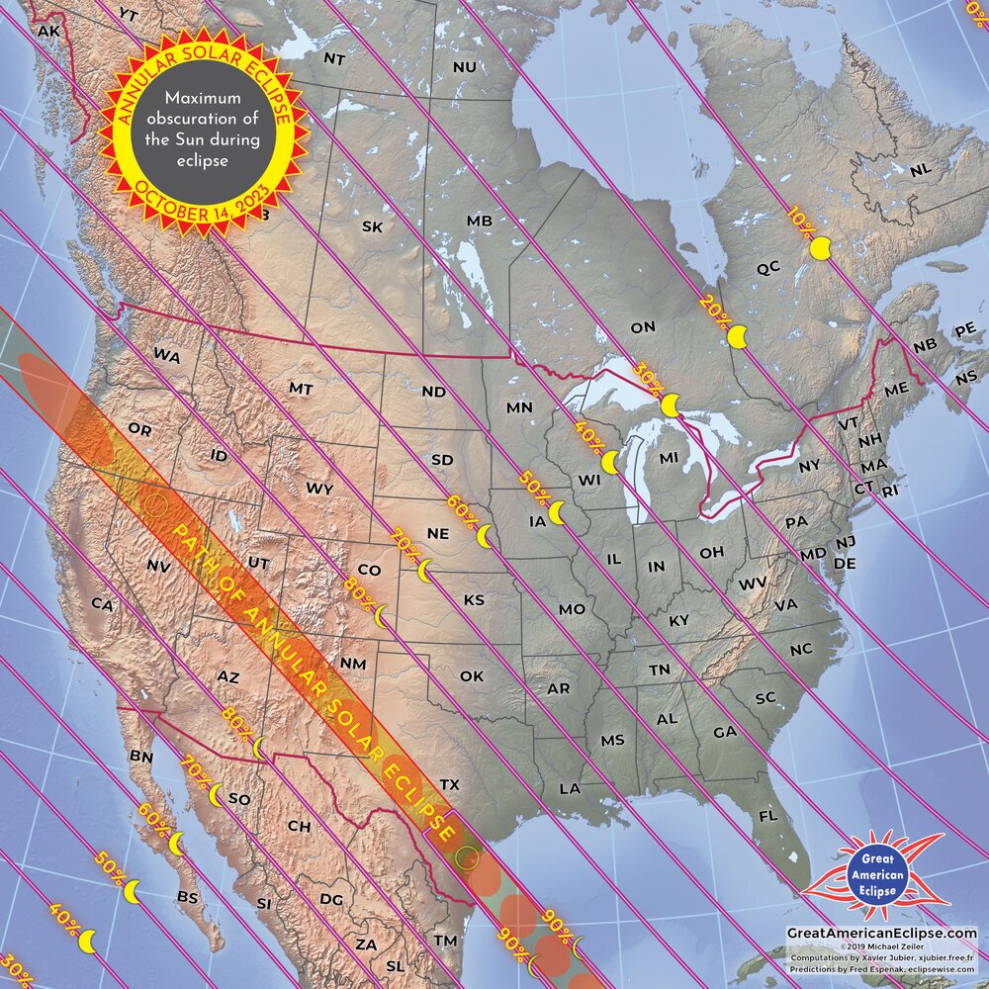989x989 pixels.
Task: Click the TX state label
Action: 450,784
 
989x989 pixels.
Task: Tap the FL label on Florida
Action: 767,816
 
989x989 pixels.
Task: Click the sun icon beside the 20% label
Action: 737,338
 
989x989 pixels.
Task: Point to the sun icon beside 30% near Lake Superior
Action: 671,405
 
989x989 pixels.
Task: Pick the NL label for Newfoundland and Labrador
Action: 920,170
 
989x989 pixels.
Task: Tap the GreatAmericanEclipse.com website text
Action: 881,933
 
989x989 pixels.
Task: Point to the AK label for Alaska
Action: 48,32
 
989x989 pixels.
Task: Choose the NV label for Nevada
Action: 158,566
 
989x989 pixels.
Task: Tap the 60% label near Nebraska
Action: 460,506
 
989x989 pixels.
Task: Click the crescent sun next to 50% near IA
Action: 558,512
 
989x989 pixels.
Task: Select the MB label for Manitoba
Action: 479,221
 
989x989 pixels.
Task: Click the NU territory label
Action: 464,66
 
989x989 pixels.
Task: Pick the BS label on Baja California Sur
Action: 187,897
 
